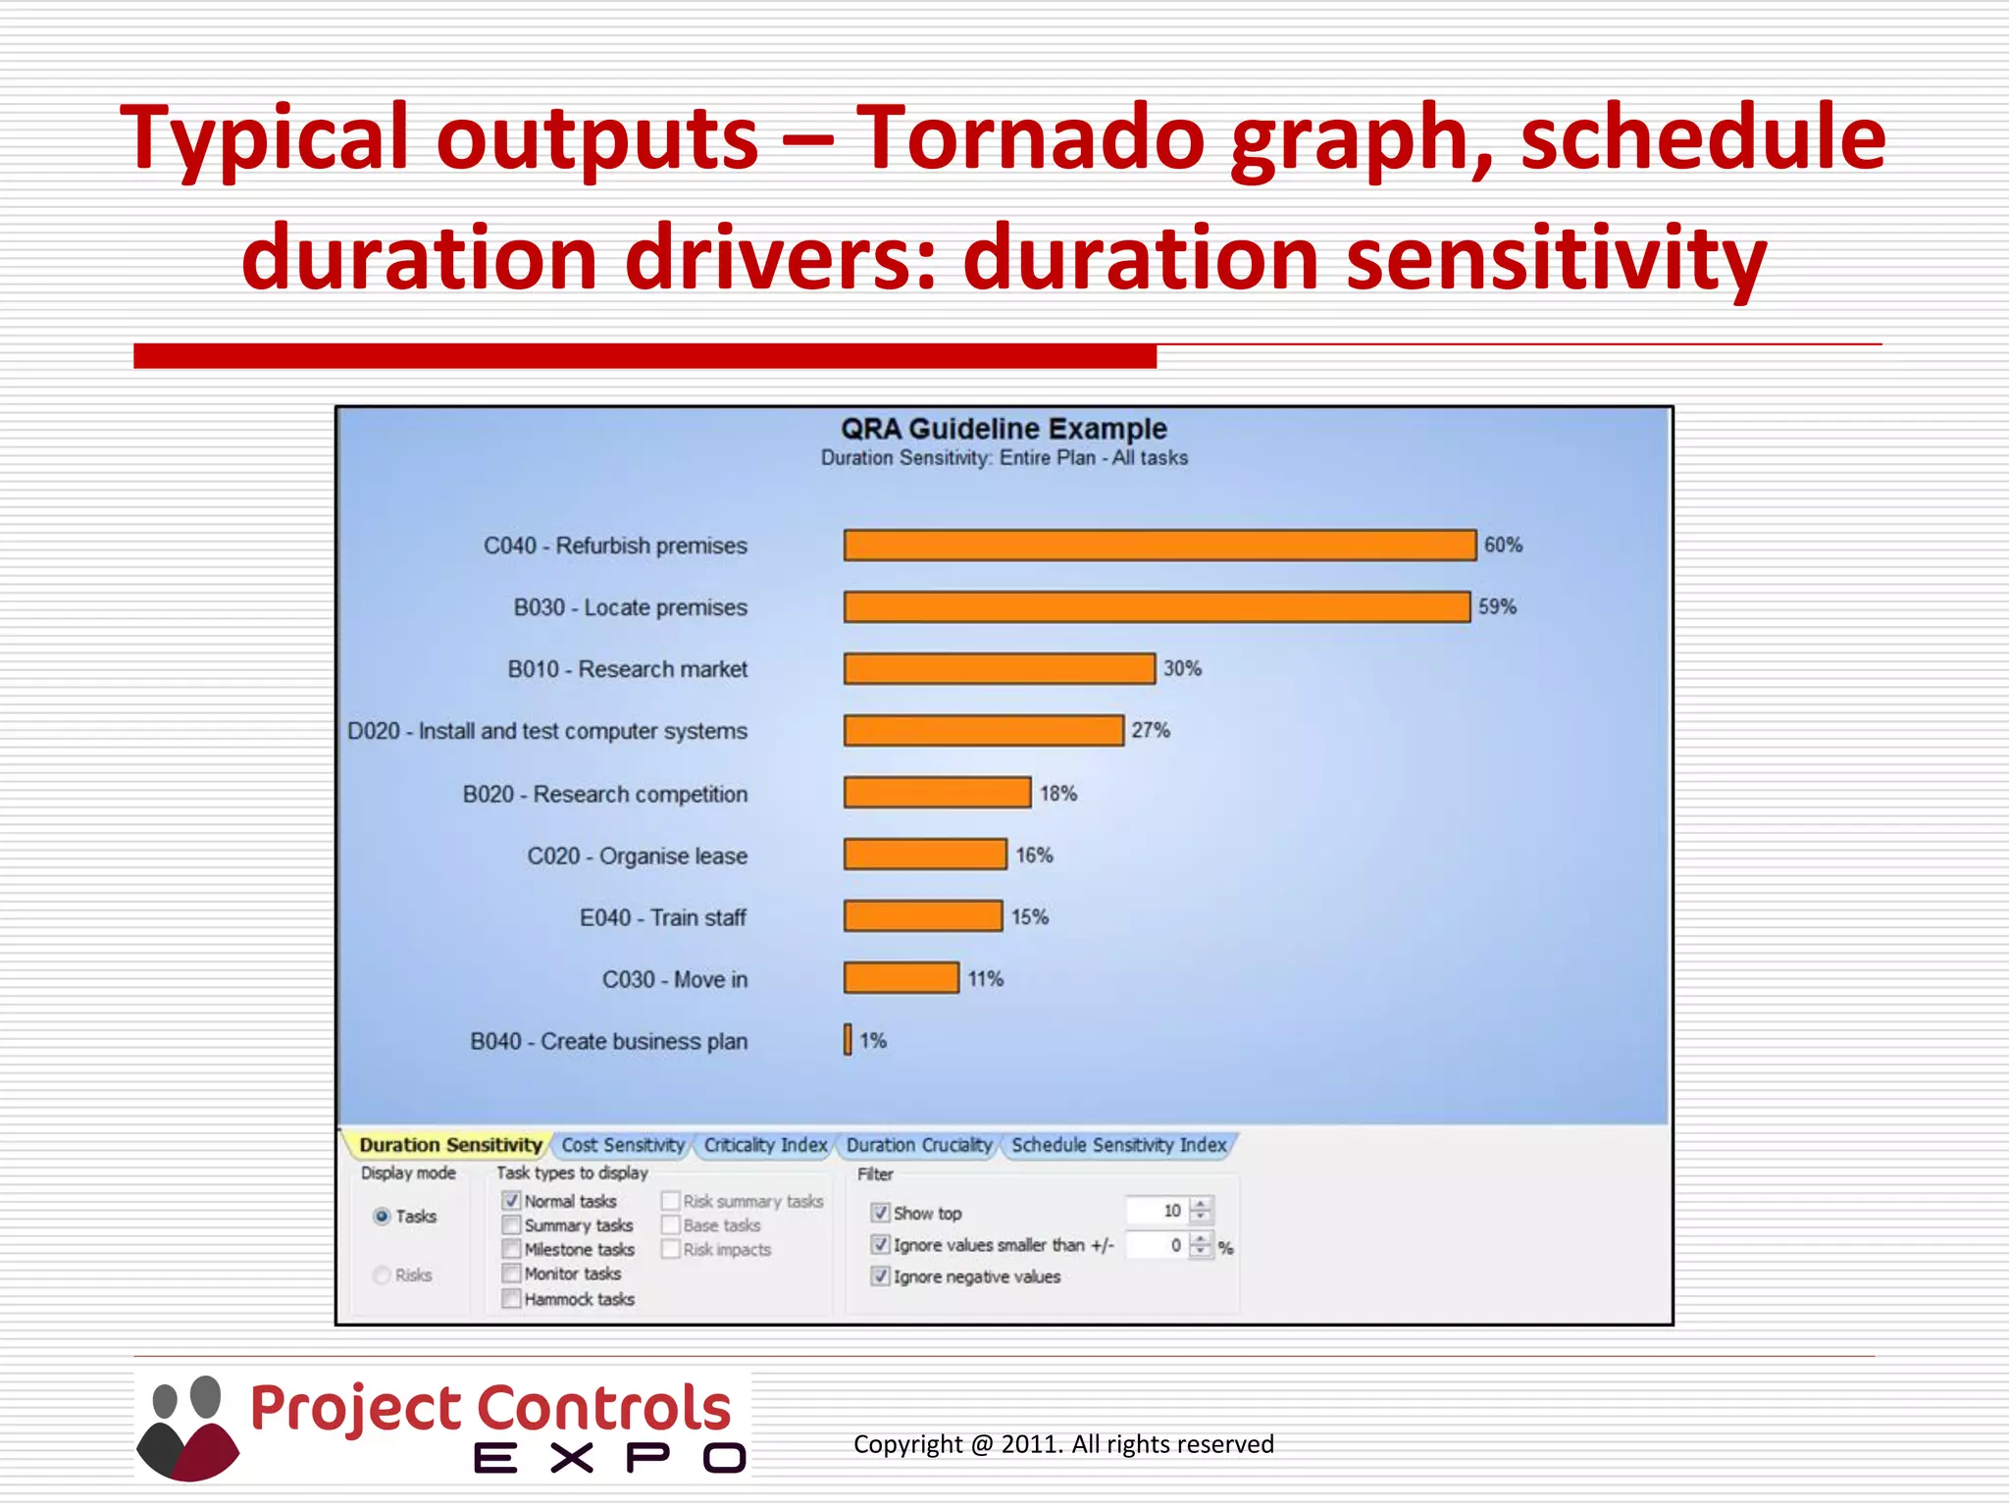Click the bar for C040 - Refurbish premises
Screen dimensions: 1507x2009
coord(1159,546)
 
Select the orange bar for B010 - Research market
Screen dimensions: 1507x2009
coord(999,669)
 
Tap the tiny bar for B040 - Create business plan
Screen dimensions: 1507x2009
coord(848,1040)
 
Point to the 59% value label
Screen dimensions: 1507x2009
coord(1497,607)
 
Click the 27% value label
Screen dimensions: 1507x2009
coord(1150,731)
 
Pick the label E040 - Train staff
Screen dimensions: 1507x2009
coord(662,918)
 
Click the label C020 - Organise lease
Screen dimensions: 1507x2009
coord(637,857)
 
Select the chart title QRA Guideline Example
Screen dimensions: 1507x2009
coord(1004,429)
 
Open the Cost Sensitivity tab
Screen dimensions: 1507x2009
coord(622,1145)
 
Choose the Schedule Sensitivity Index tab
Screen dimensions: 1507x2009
coord(1118,1145)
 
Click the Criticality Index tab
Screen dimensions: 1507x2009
coord(765,1145)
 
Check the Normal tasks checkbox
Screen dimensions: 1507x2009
coord(511,1201)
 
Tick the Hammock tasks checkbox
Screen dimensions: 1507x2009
coord(511,1299)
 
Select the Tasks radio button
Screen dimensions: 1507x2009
coord(383,1217)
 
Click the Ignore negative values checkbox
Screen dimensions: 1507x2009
coord(880,1276)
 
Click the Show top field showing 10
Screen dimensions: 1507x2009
coord(1158,1212)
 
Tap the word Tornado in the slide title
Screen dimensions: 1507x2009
coord(1029,137)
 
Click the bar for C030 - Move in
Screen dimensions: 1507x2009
coord(901,978)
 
